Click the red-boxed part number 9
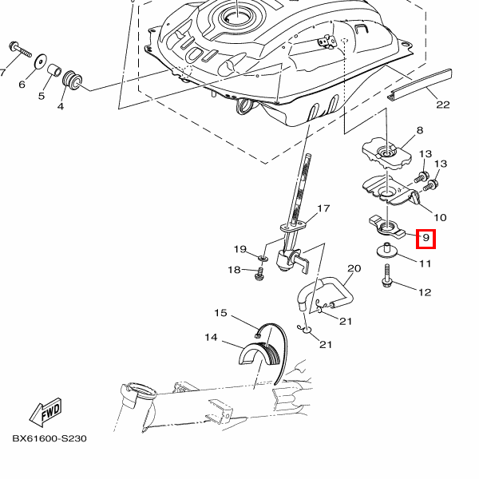(x=426, y=237)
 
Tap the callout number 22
(x=443, y=105)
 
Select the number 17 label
(x=323, y=209)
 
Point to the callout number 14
(x=211, y=338)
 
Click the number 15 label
(x=220, y=313)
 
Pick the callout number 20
(x=354, y=268)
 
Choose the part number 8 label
(x=420, y=130)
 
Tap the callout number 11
(x=425, y=263)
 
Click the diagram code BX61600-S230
(x=49, y=438)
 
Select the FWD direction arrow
(x=46, y=413)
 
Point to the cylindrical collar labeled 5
(x=55, y=72)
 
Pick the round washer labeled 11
(x=389, y=251)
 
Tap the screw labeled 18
(x=259, y=273)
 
